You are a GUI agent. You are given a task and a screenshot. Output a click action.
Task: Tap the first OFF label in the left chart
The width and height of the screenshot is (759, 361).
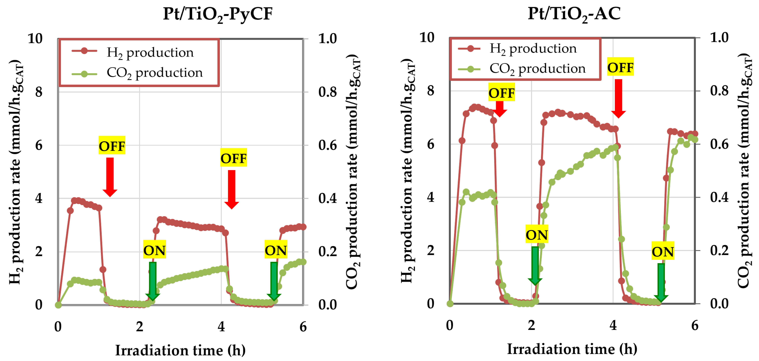(112, 146)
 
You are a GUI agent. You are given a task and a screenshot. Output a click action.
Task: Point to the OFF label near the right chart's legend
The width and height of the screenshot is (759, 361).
(620, 67)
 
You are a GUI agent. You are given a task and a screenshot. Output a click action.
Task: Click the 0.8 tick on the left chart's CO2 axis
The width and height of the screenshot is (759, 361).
(327, 92)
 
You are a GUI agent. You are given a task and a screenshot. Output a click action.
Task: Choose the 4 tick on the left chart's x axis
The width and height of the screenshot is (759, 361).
(221, 327)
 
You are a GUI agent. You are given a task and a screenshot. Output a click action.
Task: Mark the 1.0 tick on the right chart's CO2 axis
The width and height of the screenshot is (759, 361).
(719, 38)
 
